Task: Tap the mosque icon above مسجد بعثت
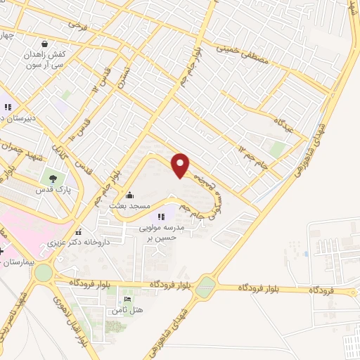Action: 129,196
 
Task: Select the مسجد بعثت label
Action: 128,205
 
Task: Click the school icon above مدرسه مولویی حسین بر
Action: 161,217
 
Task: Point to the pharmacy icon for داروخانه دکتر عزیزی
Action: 78,231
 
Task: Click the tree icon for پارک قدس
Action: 51,178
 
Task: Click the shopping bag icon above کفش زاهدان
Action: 45,43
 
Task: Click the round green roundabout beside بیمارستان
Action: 44,272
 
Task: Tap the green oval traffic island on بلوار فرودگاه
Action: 205,286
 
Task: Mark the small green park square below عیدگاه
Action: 278,149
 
